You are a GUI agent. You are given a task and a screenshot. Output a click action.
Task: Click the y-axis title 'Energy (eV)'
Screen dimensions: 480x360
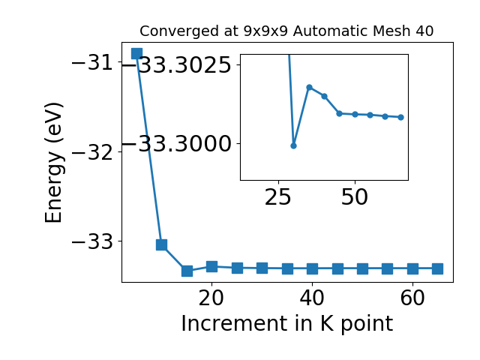tap(53, 163)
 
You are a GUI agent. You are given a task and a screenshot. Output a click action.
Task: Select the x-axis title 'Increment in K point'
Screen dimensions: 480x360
tap(286, 324)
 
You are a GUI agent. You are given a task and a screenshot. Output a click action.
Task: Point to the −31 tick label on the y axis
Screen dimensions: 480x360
tap(92, 63)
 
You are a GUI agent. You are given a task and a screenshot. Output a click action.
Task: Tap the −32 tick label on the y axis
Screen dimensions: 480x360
tap(92, 152)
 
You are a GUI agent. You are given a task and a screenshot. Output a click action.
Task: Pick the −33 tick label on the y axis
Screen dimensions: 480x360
tap(92, 241)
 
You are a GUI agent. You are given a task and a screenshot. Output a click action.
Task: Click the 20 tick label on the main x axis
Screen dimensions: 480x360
tap(211, 298)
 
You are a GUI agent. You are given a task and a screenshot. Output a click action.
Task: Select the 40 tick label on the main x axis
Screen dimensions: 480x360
tap(312, 298)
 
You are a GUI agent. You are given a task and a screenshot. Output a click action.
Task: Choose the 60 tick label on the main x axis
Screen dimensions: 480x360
tap(412, 298)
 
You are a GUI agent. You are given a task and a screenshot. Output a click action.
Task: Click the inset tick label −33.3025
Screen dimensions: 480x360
tap(177, 65)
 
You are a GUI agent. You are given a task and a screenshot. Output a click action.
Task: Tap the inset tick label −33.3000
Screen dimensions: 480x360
tap(177, 144)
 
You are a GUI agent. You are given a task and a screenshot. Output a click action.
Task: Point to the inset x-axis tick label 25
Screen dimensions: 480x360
tap(278, 197)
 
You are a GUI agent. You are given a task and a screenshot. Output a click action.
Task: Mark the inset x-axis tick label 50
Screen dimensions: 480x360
tap(355, 197)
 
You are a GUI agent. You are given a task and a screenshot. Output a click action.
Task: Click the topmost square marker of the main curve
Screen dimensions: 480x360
tap(136, 53)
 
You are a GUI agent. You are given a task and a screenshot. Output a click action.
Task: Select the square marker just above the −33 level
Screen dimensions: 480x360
tap(162, 244)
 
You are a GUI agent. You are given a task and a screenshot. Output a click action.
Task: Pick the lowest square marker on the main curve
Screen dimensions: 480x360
tap(187, 271)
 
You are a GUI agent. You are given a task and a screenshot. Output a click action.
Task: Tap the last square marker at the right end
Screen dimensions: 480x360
tap(438, 268)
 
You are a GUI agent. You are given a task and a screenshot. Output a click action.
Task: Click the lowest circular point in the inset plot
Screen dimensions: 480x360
tap(293, 145)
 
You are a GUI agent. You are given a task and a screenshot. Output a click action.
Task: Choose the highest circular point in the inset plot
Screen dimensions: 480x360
tap(309, 87)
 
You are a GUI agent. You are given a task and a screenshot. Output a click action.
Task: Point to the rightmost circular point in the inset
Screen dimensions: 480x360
tap(401, 117)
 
